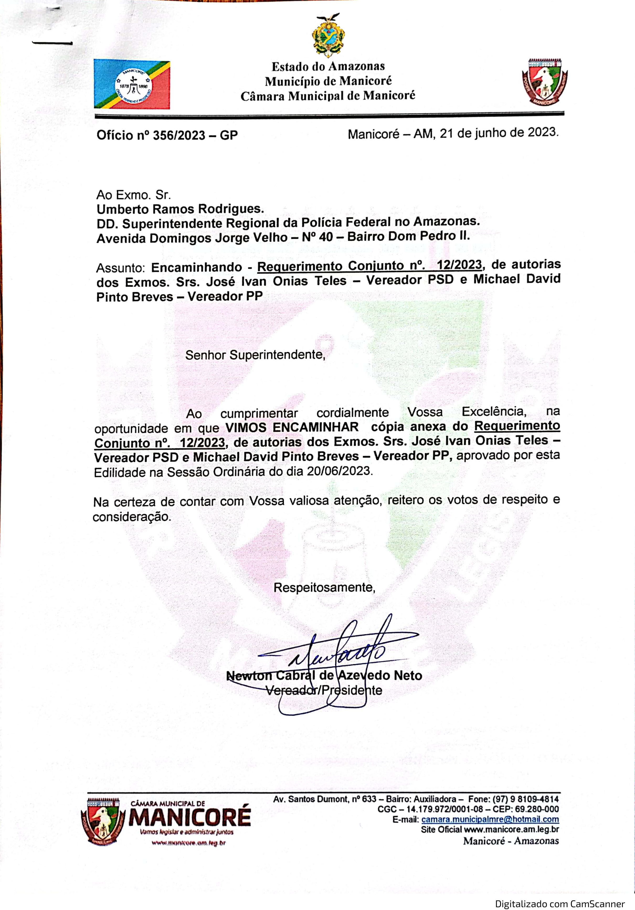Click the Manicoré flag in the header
tap(132, 85)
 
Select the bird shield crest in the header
tap(544, 82)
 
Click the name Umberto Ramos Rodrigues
tap(180, 209)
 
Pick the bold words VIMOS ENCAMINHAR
tap(292, 427)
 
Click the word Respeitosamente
tap(324, 587)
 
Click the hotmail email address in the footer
tap(490, 819)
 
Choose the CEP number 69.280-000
tap(537, 809)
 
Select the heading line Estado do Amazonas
tap(328, 66)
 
